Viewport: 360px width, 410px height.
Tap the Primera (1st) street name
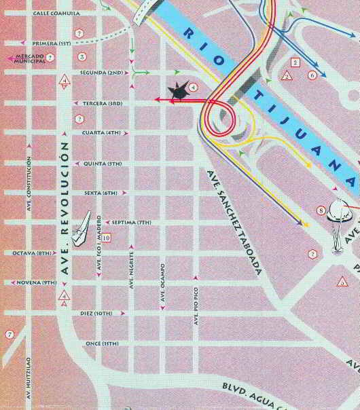tap(52, 43)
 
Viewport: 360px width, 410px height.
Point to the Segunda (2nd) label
tap(101, 72)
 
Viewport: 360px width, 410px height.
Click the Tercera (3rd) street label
tap(102, 103)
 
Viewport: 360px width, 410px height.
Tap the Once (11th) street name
tap(103, 343)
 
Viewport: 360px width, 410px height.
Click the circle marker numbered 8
tap(321, 210)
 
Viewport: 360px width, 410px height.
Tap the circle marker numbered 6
tap(312, 75)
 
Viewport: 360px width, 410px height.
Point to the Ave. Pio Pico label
tap(194, 310)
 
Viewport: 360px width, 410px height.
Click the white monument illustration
tap(338, 224)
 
